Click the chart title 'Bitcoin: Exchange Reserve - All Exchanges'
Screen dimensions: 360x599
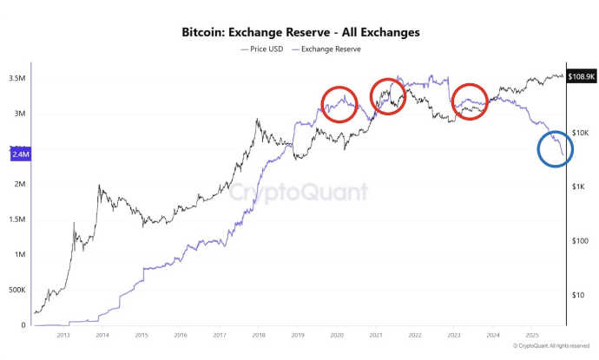click(x=300, y=32)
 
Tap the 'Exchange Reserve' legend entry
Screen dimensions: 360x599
click(x=330, y=49)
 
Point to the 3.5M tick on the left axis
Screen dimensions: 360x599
click(x=16, y=78)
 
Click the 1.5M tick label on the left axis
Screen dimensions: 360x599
click(x=16, y=219)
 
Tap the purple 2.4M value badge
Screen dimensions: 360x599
click(x=21, y=154)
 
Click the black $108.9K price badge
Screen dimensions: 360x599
click(x=581, y=77)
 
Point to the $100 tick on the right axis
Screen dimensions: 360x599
click(x=580, y=240)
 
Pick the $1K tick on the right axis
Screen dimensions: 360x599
click(x=579, y=187)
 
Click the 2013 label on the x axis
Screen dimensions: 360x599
click(x=63, y=335)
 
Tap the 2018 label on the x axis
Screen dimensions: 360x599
click(x=259, y=335)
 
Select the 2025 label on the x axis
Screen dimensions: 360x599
click(x=532, y=335)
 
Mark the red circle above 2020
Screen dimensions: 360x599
click(x=339, y=104)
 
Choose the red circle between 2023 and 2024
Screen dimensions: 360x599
click(x=470, y=101)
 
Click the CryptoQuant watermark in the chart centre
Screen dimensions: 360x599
click(x=299, y=192)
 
